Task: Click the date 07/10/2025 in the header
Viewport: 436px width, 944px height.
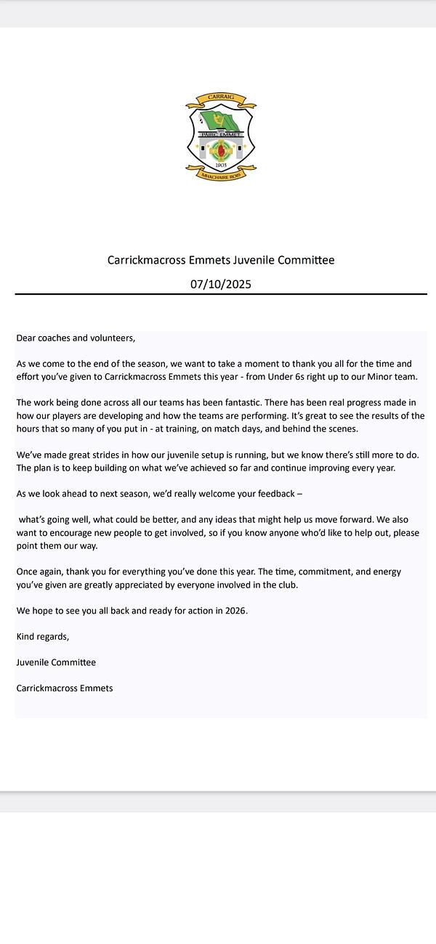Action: [x=221, y=284]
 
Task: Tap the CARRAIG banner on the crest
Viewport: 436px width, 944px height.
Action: [x=221, y=97]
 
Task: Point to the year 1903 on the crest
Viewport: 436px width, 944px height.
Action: [x=220, y=165]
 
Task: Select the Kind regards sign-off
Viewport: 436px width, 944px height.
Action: [x=43, y=637]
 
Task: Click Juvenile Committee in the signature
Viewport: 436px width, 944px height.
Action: [x=56, y=662]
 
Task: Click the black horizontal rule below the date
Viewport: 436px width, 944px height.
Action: [x=221, y=294]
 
